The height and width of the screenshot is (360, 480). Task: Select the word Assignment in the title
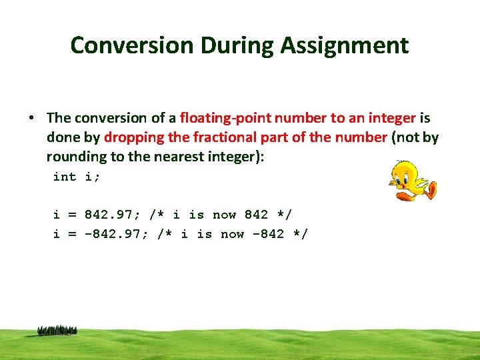(345, 45)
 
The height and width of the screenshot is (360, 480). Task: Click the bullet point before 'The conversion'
(31, 119)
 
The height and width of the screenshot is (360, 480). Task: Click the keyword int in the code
(65, 177)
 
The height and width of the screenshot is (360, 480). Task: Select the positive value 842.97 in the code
(110, 215)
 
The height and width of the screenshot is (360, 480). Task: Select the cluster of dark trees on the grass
(57, 330)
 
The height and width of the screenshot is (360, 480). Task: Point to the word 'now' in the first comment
(224, 215)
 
